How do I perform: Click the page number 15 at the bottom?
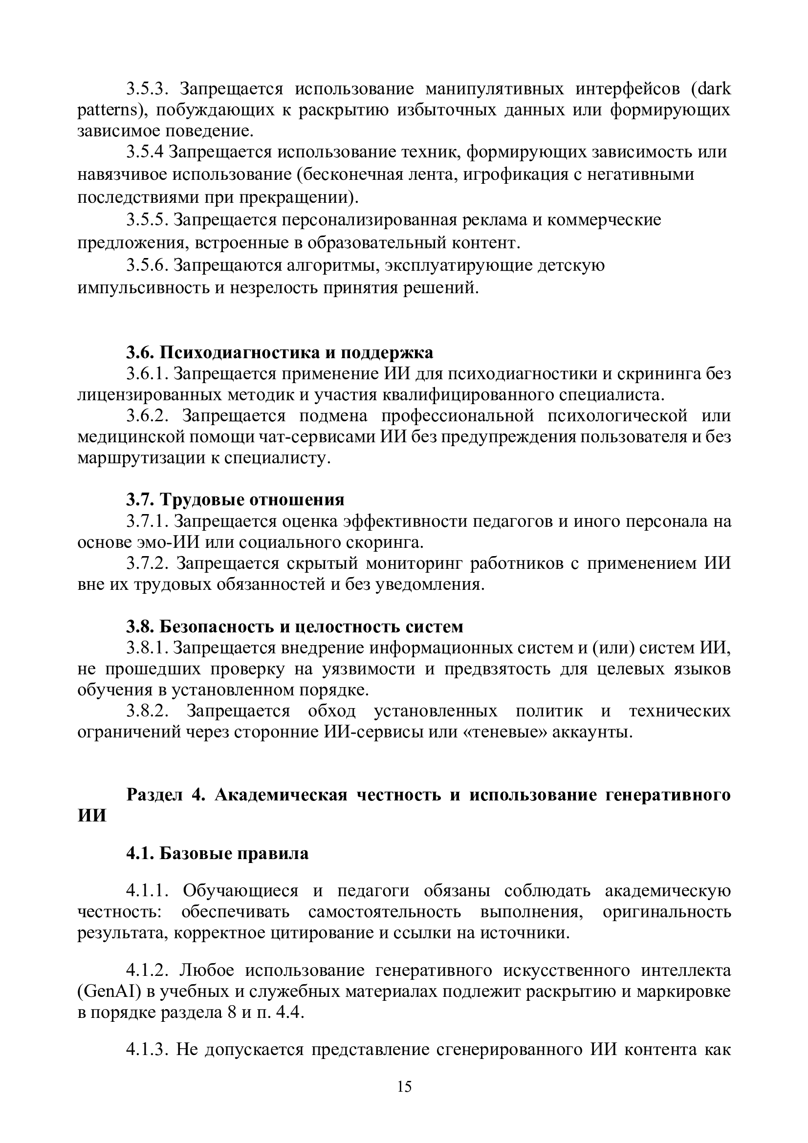point(404,1100)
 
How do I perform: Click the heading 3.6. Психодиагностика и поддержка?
point(279,352)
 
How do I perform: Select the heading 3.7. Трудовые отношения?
point(235,499)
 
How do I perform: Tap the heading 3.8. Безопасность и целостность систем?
point(294,626)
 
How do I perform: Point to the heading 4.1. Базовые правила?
point(217,867)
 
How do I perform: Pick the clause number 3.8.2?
point(148,711)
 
